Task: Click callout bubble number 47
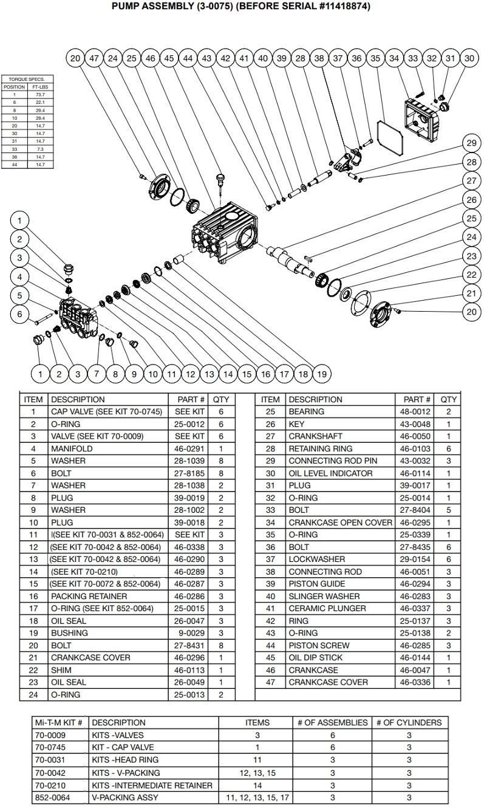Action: point(94,58)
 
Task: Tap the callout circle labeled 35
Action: point(375,58)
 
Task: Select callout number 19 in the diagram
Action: point(321,374)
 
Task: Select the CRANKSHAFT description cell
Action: point(315,436)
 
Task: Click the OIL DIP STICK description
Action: point(315,657)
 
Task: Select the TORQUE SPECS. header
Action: point(27,80)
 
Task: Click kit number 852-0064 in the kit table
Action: point(52,797)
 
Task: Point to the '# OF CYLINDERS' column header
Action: point(409,722)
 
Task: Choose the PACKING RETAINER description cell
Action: point(89,596)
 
